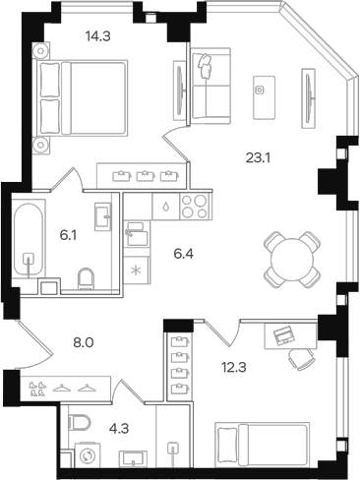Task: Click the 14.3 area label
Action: pyautogui.click(x=95, y=36)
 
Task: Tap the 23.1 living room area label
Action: pyautogui.click(x=258, y=154)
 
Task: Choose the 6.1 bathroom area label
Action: pyautogui.click(x=67, y=234)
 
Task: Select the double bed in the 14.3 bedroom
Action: pyautogui.click(x=85, y=96)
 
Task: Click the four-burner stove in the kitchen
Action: pyautogui.click(x=194, y=209)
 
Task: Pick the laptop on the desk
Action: pyautogui.click(x=283, y=335)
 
